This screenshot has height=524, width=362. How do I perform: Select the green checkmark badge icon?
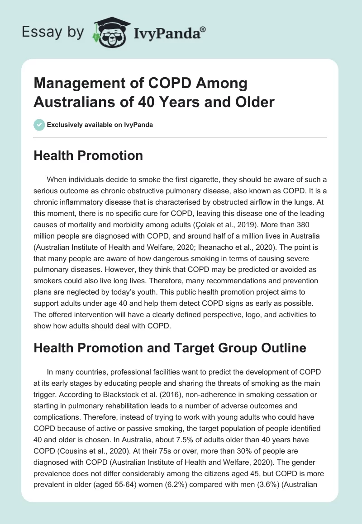tap(39, 125)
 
